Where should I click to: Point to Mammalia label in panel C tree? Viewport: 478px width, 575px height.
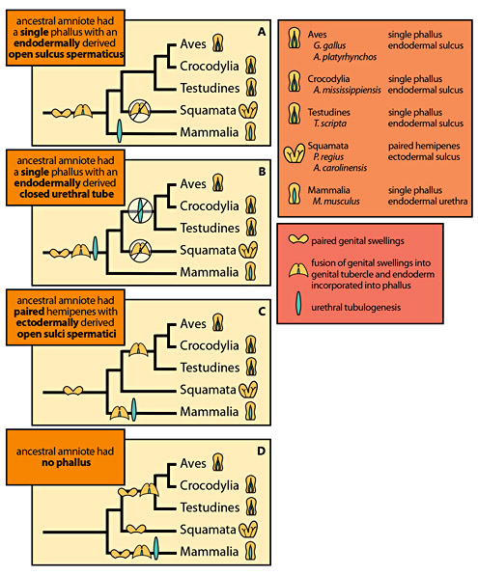click(x=210, y=411)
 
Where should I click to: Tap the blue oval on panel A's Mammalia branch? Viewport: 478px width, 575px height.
click(x=119, y=129)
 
